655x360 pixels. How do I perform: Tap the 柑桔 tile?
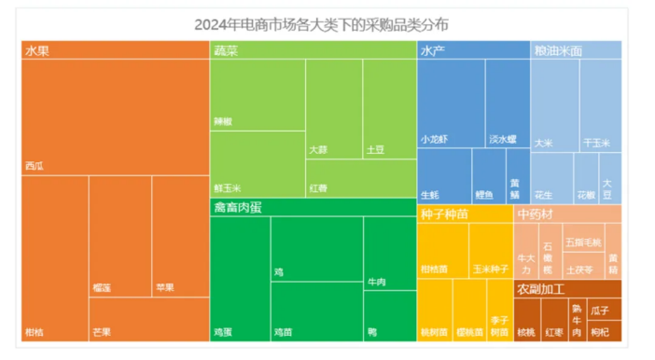pyautogui.click(x=54, y=258)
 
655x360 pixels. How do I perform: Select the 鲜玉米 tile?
pyautogui.click(x=257, y=164)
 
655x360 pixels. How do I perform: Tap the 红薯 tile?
pyautogui.click(x=359, y=178)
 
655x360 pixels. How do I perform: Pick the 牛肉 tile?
pyautogui.click(x=389, y=252)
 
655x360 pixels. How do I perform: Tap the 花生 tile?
pyautogui.click(x=551, y=179)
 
